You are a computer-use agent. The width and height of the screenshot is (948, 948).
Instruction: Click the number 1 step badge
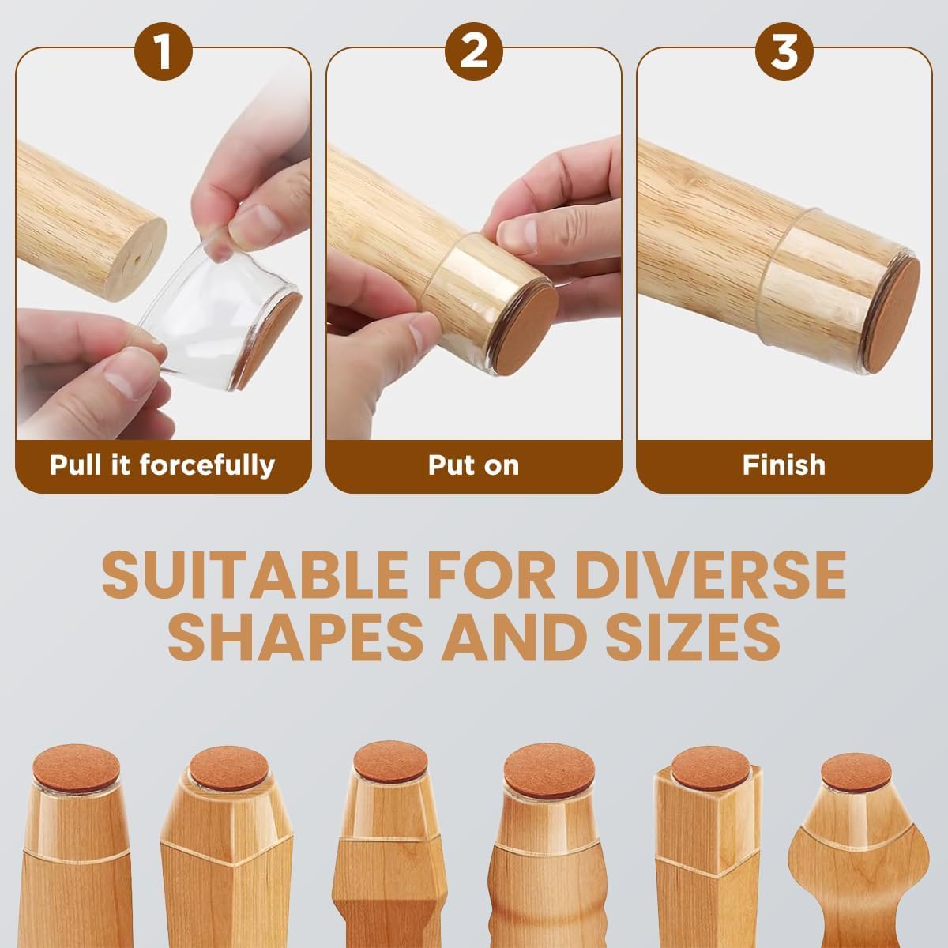(163, 51)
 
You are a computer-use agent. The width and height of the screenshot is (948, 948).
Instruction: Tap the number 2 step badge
(473, 51)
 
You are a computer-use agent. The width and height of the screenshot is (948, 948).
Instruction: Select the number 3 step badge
(784, 51)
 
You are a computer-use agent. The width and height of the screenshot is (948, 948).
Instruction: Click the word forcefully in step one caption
(208, 465)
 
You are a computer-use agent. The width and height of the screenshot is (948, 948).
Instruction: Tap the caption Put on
(473, 465)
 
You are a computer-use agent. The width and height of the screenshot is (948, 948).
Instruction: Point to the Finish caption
(784, 465)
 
